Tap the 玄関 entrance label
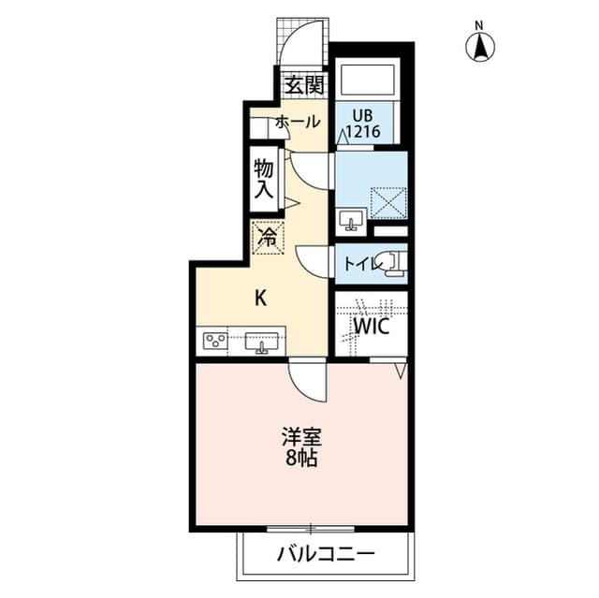(304, 85)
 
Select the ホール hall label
(298, 122)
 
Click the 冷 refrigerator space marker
(267, 237)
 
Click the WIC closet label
(371, 327)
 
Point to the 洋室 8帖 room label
(300, 445)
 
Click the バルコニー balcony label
(325, 554)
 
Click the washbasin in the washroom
(353, 220)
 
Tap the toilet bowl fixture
(393, 265)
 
